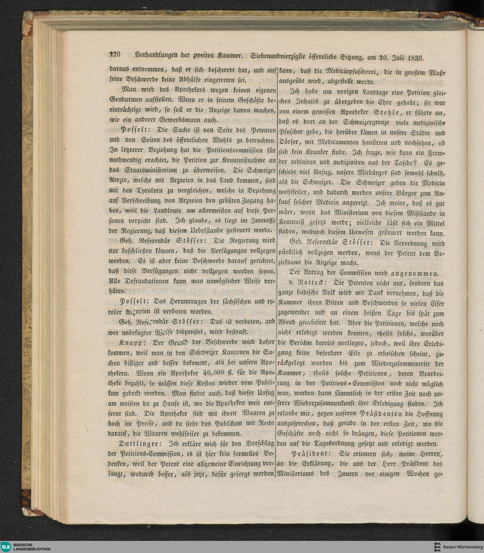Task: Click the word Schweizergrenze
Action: pyautogui.click(x=366, y=122)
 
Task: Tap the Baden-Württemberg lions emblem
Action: pyautogui.click(x=437, y=546)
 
